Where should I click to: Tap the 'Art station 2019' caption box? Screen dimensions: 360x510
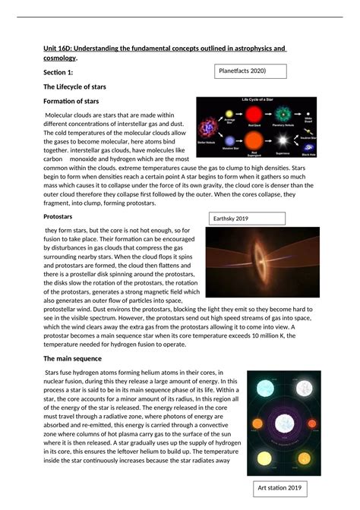point(279,488)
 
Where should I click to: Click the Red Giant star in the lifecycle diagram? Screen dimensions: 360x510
point(253,115)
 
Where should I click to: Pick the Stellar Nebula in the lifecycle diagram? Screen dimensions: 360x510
point(207,127)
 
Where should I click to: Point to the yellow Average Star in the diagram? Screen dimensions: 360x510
point(229,114)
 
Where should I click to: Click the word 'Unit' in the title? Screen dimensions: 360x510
point(51,49)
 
